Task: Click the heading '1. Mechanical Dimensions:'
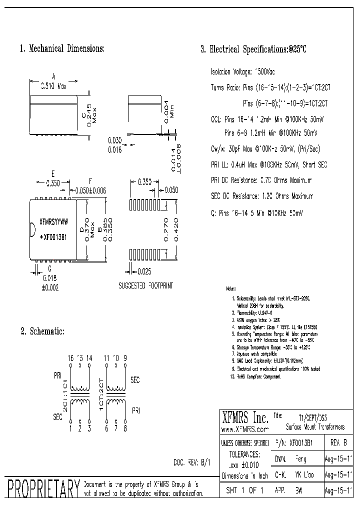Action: coord(62,49)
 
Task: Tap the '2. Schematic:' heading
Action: coord(42,331)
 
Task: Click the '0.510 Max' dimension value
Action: coord(53,86)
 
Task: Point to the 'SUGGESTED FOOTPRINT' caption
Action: coord(145,285)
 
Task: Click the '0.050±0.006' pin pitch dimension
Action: coord(89,190)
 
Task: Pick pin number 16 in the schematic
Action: coord(70,358)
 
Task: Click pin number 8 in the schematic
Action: coord(125,428)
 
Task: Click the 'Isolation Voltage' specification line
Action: coord(243,72)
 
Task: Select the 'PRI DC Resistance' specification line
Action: coord(261,180)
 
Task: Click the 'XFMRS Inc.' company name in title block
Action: coord(245,418)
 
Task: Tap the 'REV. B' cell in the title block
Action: coord(338,442)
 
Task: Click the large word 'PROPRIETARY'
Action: coord(42,488)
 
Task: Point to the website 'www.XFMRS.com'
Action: coord(245,429)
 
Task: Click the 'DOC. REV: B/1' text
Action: coord(192,463)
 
